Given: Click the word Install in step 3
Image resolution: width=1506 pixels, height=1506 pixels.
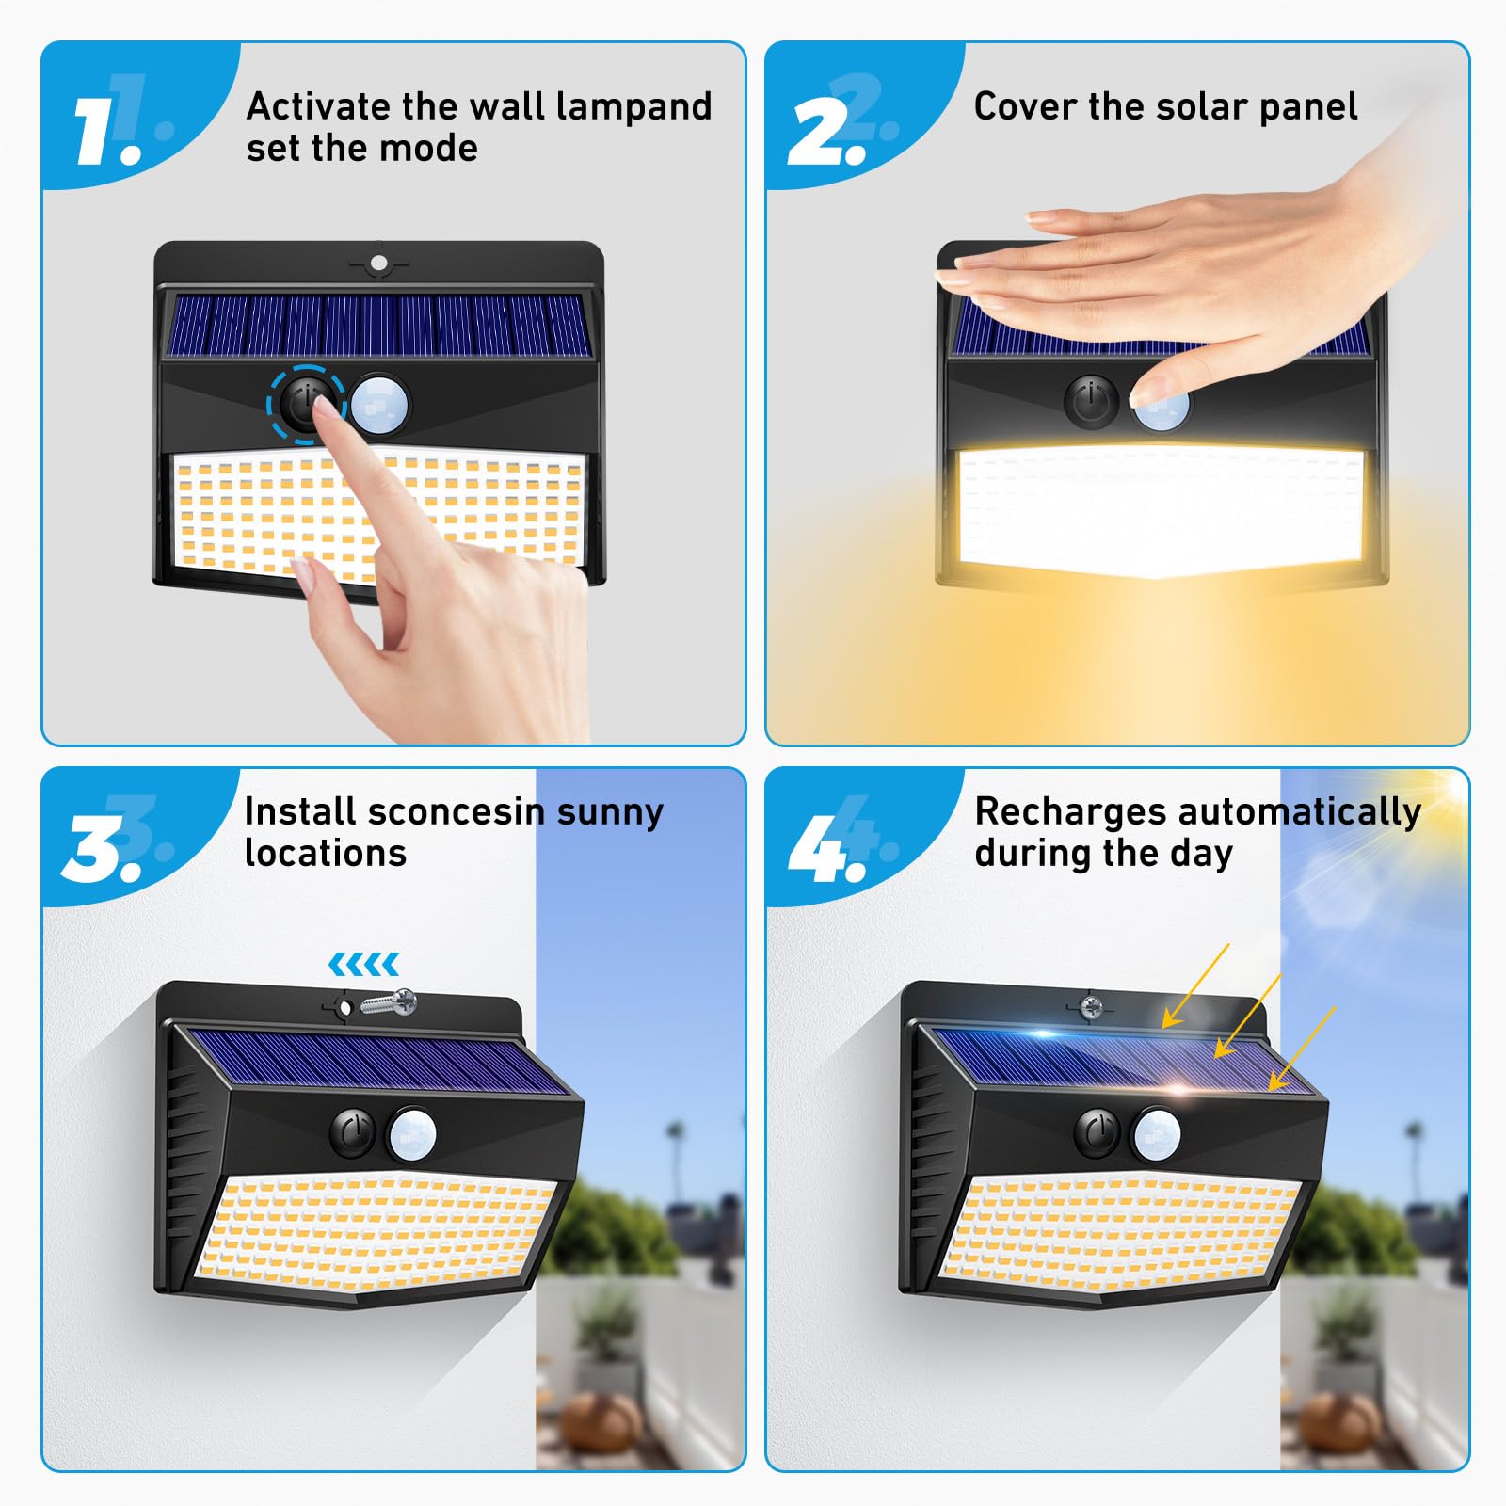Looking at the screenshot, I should point(300,811).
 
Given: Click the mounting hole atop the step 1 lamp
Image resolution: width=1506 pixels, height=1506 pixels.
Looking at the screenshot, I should point(378,263).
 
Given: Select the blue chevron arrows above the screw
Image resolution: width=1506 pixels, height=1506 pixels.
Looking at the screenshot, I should point(363,964).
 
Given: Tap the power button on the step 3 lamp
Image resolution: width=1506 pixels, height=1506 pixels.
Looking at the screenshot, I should point(354,1131).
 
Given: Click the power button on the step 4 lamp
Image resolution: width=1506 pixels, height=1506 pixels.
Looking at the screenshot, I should point(1097,1131).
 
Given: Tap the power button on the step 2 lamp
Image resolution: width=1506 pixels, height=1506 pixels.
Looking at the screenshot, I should point(1091,402).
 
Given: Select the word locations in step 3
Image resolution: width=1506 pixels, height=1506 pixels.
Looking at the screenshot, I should point(325,854).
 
